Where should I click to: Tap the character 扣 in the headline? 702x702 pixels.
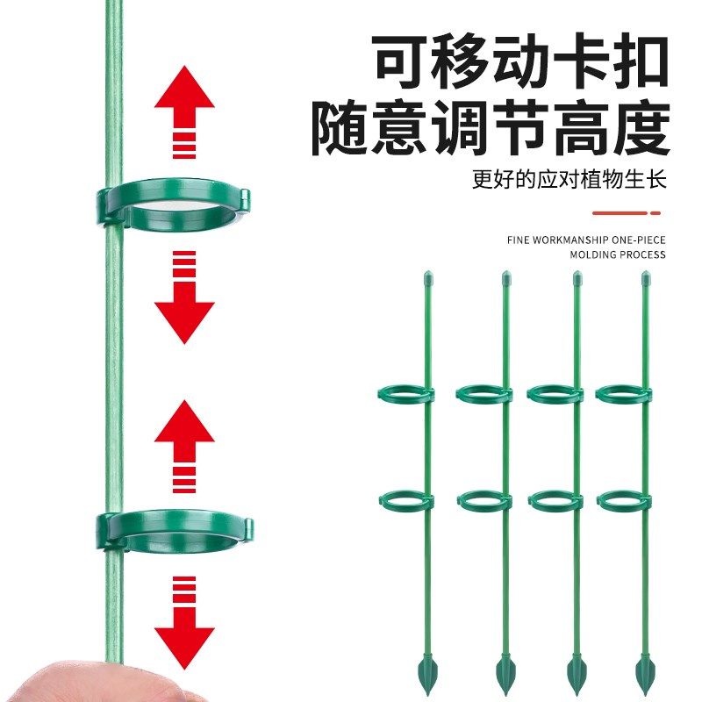(640, 61)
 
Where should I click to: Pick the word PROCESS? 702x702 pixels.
(642, 255)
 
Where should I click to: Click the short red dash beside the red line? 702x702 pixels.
(655, 212)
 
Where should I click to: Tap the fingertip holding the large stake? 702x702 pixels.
(88, 684)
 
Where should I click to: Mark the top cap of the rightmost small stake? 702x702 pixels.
(647, 280)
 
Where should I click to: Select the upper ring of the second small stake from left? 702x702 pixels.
(484, 395)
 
